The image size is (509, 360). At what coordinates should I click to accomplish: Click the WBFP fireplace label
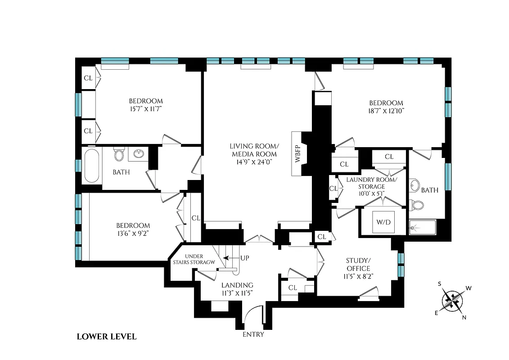(297, 154)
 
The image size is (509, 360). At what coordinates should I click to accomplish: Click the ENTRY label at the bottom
(253, 334)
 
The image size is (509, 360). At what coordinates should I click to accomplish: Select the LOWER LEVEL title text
(107, 336)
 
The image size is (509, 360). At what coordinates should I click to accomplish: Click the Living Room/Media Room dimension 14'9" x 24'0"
(254, 162)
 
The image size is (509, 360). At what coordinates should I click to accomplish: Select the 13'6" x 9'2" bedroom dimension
(133, 233)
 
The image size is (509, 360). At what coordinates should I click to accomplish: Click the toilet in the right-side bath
(418, 205)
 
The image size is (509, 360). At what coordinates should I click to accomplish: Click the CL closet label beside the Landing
(293, 288)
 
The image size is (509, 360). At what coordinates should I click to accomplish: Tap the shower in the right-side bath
(423, 228)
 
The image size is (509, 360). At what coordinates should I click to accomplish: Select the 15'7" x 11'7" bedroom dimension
(146, 108)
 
